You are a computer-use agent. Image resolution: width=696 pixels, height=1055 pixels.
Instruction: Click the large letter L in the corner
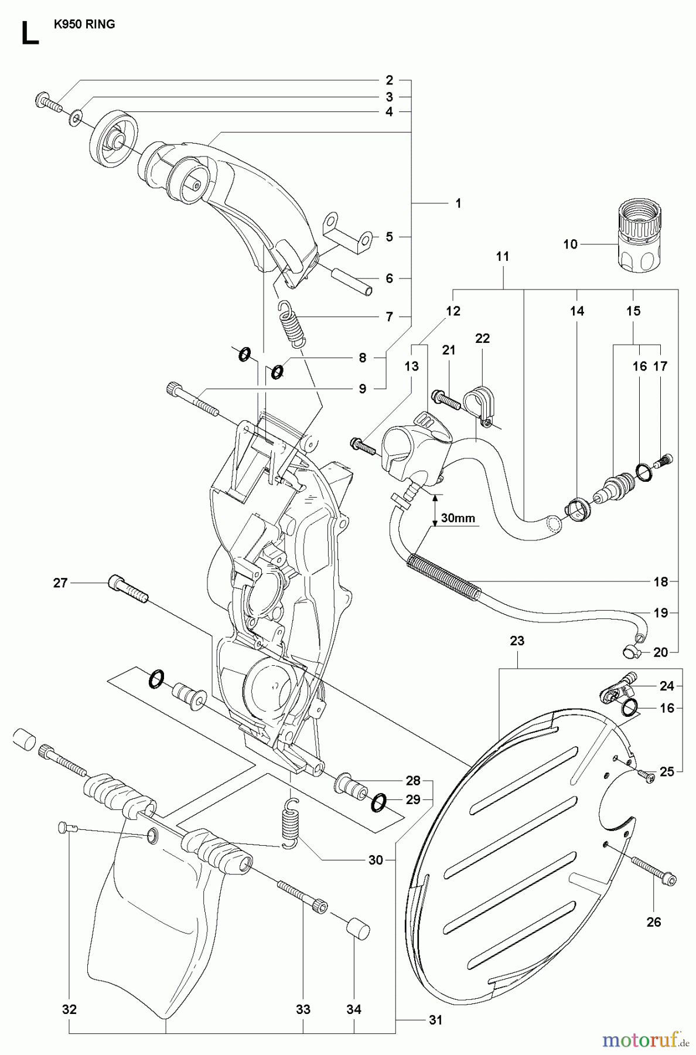pos(29,33)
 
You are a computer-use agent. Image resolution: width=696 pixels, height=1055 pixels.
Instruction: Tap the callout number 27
pos(60,583)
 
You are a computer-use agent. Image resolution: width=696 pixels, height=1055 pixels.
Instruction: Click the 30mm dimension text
pos(458,518)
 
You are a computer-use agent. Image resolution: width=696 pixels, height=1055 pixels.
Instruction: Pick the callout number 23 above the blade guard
pos(517,641)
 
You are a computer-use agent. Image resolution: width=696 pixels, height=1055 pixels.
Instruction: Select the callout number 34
pos(353,1009)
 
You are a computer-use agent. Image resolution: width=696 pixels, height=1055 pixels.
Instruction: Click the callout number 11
pos(503,256)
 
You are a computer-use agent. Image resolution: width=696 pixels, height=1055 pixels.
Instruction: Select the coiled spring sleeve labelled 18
pos(443,577)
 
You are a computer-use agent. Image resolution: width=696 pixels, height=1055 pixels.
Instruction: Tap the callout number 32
pos(69,1009)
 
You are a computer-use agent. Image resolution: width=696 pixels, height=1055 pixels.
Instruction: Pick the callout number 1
pos(458,203)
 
